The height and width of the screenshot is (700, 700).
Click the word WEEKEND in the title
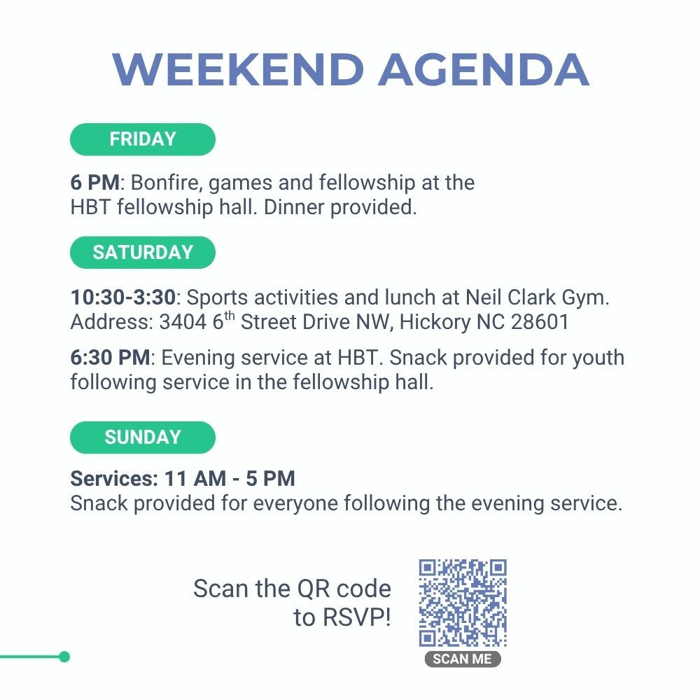click(238, 69)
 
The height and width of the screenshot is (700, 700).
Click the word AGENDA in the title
click(484, 69)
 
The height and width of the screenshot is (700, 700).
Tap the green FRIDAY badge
click(143, 139)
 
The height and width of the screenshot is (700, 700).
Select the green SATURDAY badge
click(143, 253)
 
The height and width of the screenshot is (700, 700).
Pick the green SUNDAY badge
click(143, 437)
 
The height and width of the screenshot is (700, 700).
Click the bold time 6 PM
click(95, 183)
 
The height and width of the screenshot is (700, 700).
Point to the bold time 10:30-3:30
click(123, 297)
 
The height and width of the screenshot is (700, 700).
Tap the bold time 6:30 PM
click(111, 358)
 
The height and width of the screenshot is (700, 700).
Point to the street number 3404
click(183, 322)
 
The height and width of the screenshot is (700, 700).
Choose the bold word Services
click(114, 479)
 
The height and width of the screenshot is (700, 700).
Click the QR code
click(463, 603)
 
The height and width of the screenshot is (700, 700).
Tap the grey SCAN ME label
click(463, 659)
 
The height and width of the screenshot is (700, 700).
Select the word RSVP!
click(357, 617)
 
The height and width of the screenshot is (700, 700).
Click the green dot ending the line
click(64, 657)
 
